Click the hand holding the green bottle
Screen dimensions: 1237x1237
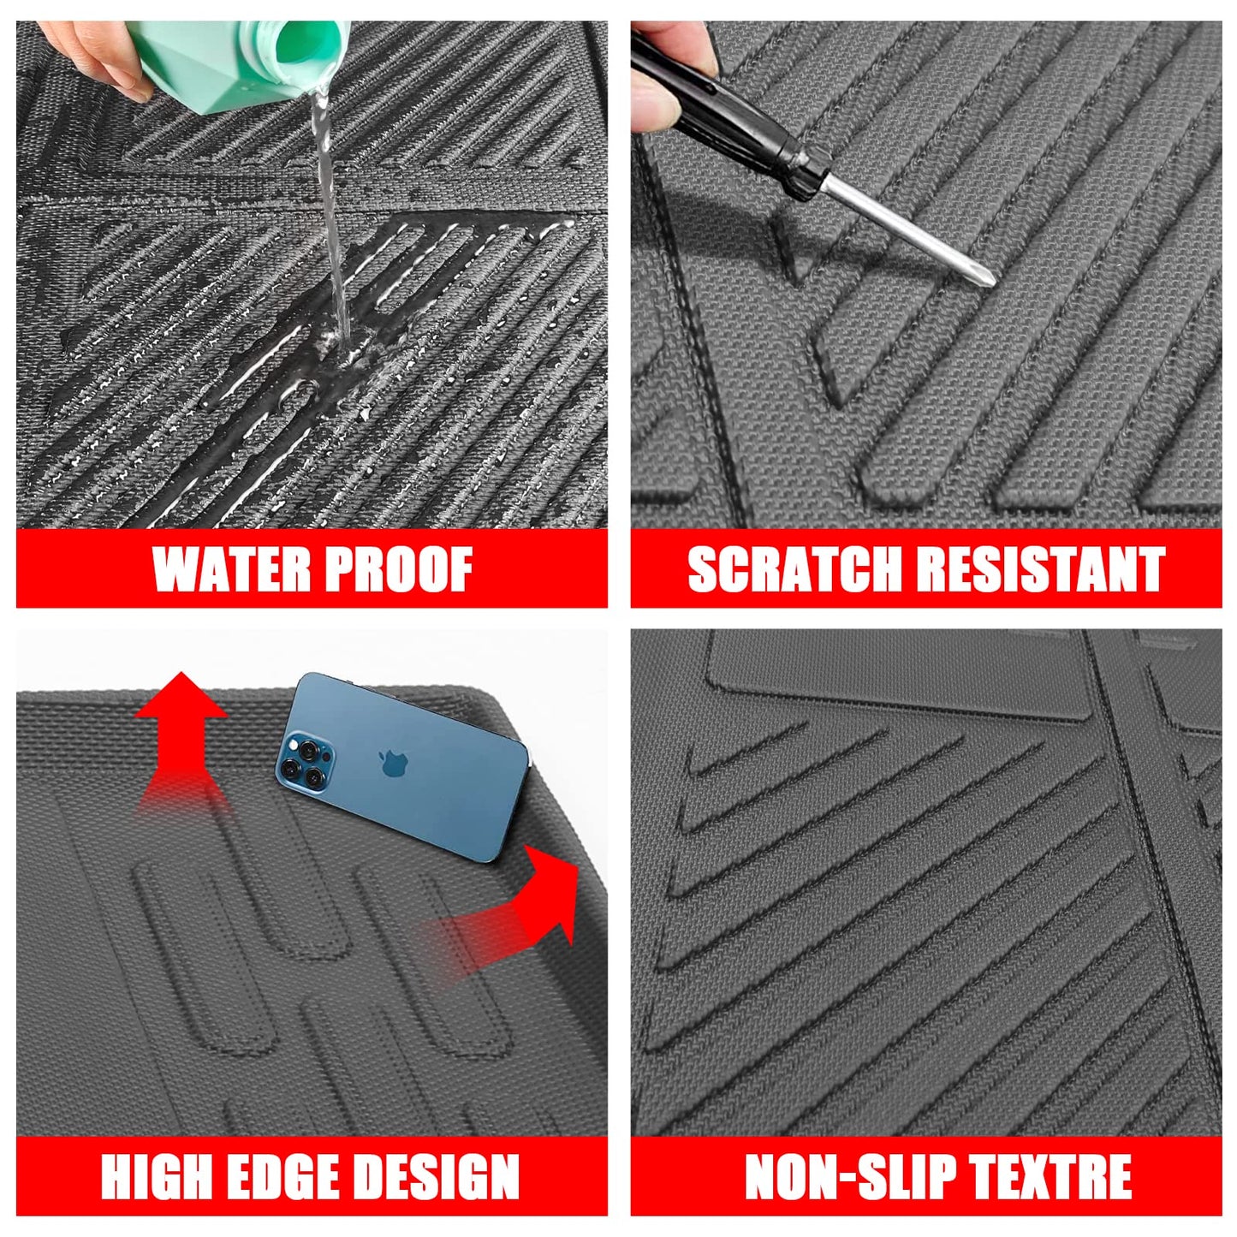[94, 51]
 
